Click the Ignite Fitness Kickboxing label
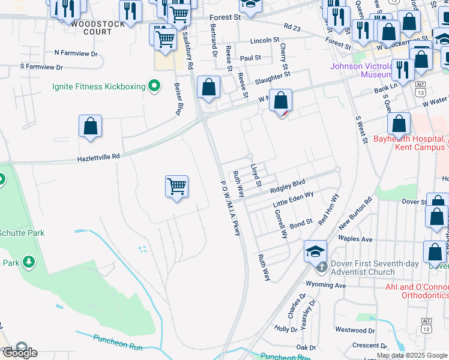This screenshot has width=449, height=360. (x=99, y=86)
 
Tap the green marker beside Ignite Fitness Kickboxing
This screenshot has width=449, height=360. (x=154, y=86)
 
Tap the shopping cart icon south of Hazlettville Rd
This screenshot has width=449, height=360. (x=177, y=187)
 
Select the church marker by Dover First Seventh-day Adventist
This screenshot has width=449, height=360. (x=322, y=265)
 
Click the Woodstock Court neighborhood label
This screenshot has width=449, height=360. (x=98, y=24)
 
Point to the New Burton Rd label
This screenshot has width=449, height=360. (x=356, y=213)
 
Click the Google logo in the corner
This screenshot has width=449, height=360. (x=20, y=352)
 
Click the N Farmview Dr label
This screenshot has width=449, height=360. (x=76, y=53)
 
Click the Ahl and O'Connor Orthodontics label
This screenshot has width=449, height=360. (x=417, y=291)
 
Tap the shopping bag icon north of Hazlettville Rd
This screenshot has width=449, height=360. (x=90, y=127)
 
